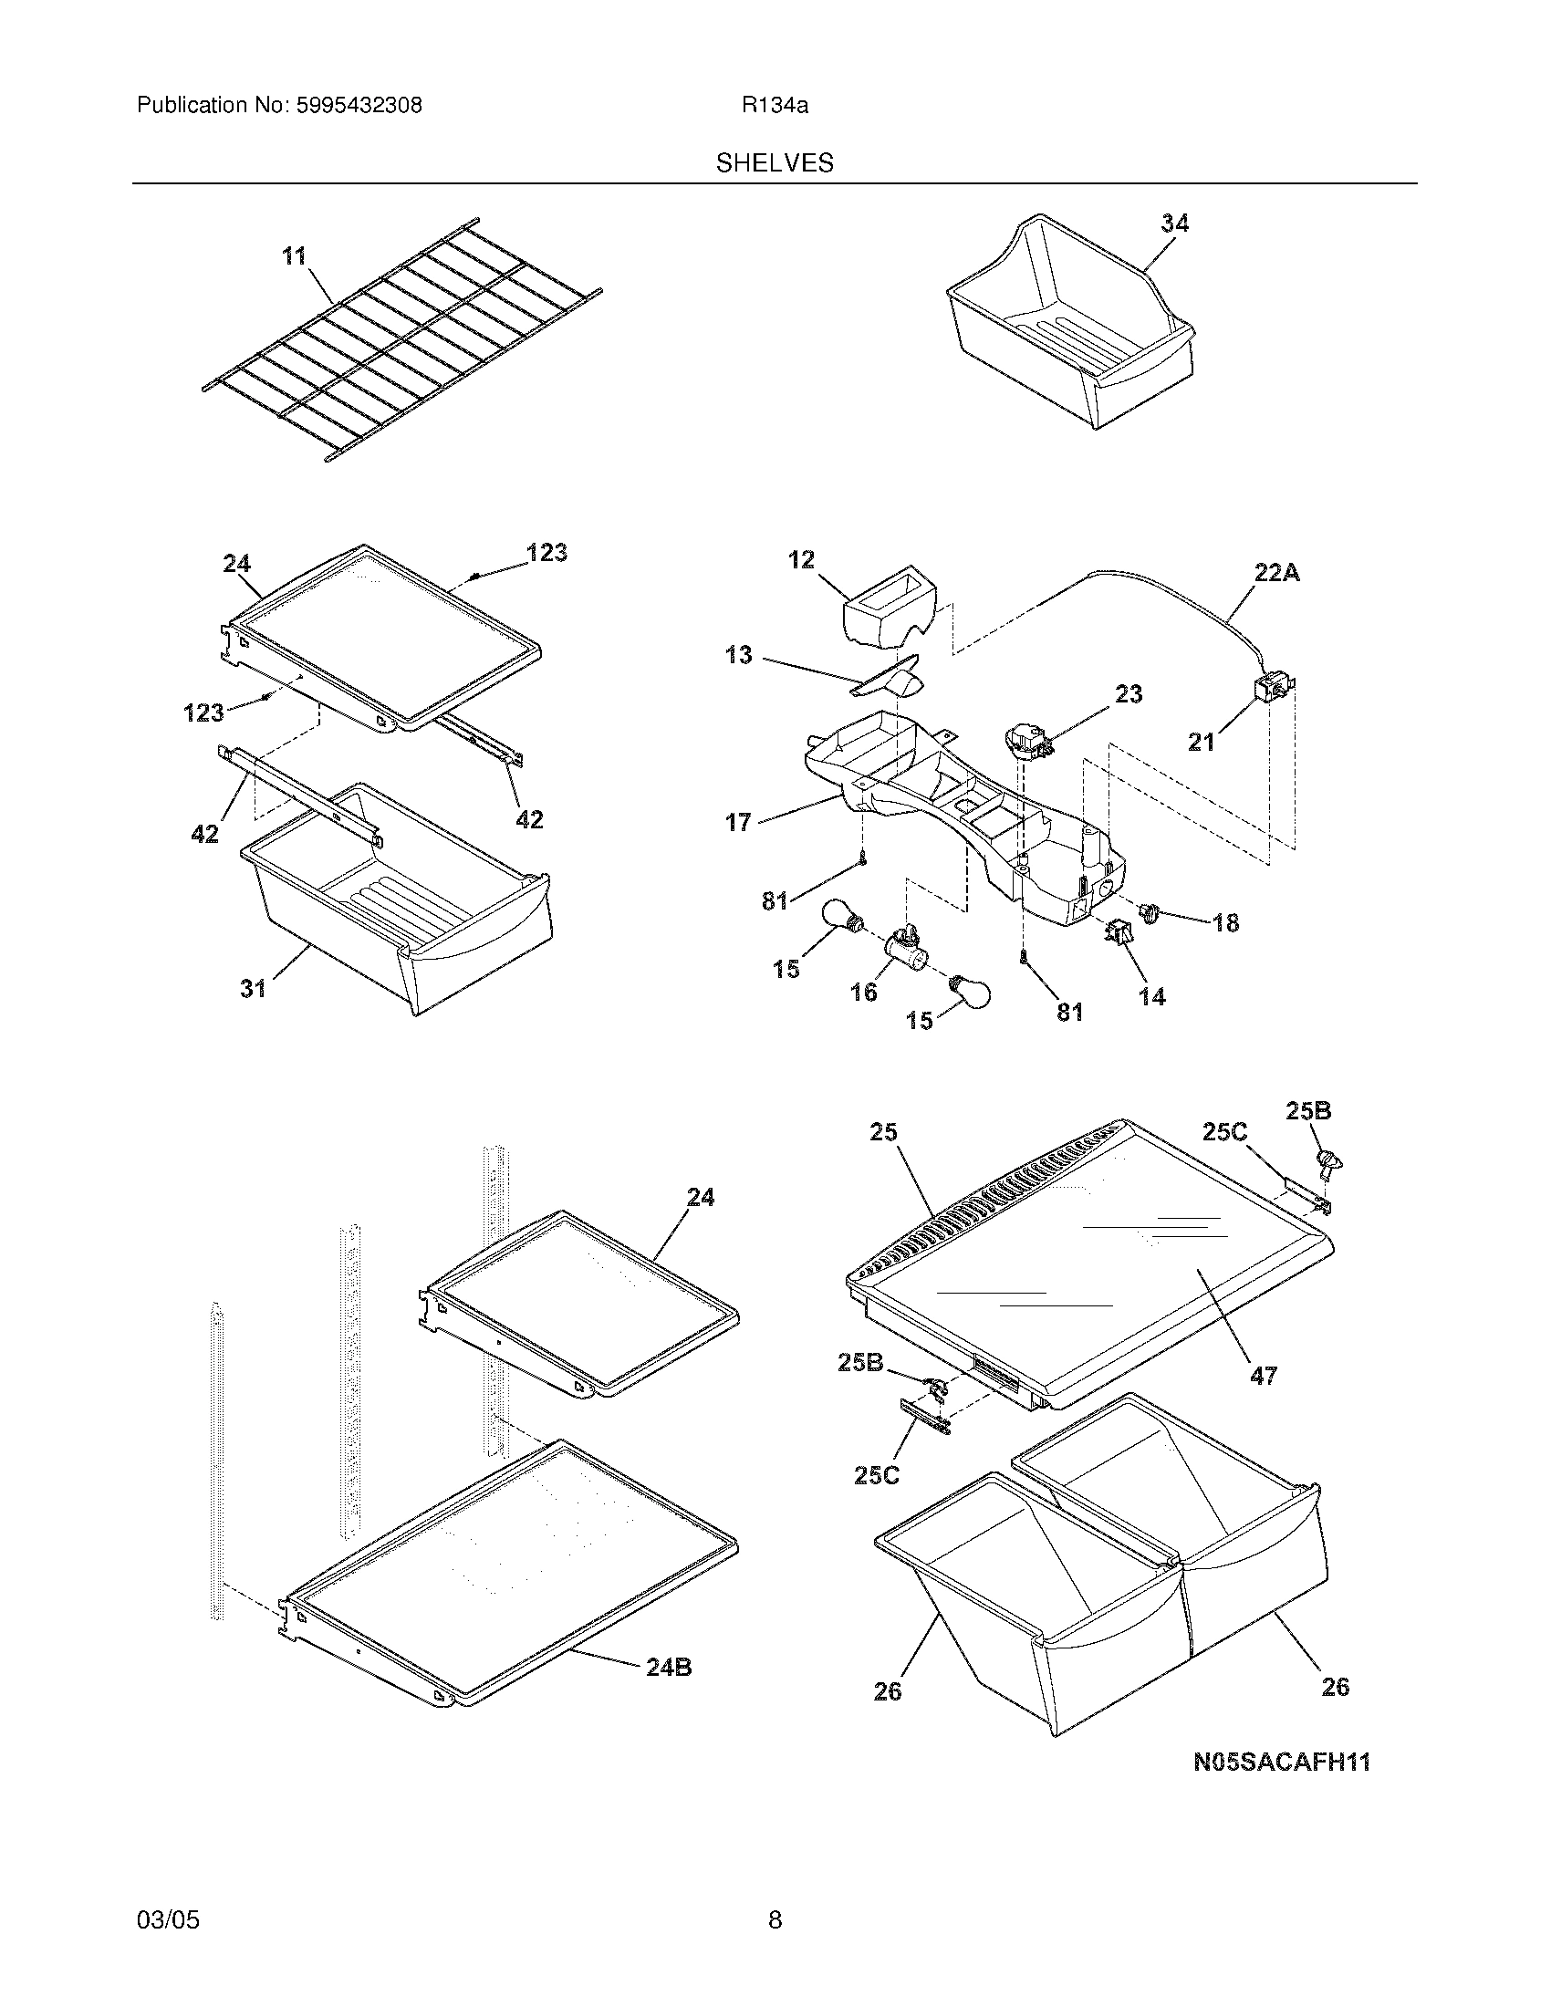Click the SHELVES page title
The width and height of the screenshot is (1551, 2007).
775,163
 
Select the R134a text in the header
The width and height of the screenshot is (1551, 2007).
775,106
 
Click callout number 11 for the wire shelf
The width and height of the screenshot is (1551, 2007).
294,255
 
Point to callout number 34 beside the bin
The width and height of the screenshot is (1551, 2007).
1173,224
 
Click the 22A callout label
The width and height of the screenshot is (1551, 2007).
1277,574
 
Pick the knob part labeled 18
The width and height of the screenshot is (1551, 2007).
1150,911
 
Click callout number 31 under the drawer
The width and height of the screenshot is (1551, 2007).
254,988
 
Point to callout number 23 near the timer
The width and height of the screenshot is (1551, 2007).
1129,694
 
